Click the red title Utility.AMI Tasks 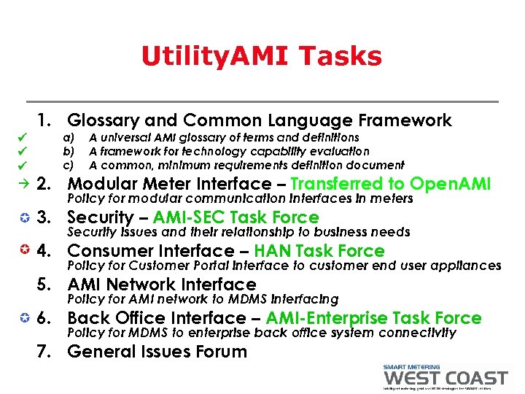click(261, 56)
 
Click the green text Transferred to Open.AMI click(391, 184)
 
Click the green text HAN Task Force click(319, 251)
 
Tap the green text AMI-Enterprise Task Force click(373, 318)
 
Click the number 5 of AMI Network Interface click(44, 285)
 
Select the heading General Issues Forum click(157, 352)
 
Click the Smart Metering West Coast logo click(445, 377)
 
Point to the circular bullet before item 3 click(24, 217)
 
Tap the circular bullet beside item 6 click(24, 318)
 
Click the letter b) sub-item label click(69, 151)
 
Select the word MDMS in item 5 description click(227, 299)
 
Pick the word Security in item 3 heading click(100, 217)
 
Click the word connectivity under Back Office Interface click(418, 333)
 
